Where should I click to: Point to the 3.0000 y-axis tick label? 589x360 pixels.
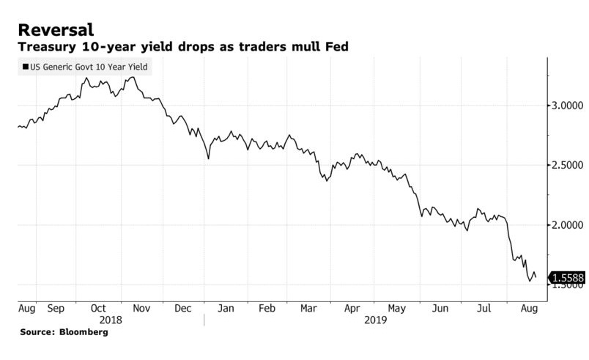coord(568,106)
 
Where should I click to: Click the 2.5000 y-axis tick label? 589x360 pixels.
coord(568,165)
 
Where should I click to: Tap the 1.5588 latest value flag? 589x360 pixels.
coord(568,279)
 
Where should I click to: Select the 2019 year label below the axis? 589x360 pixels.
coord(377,320)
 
